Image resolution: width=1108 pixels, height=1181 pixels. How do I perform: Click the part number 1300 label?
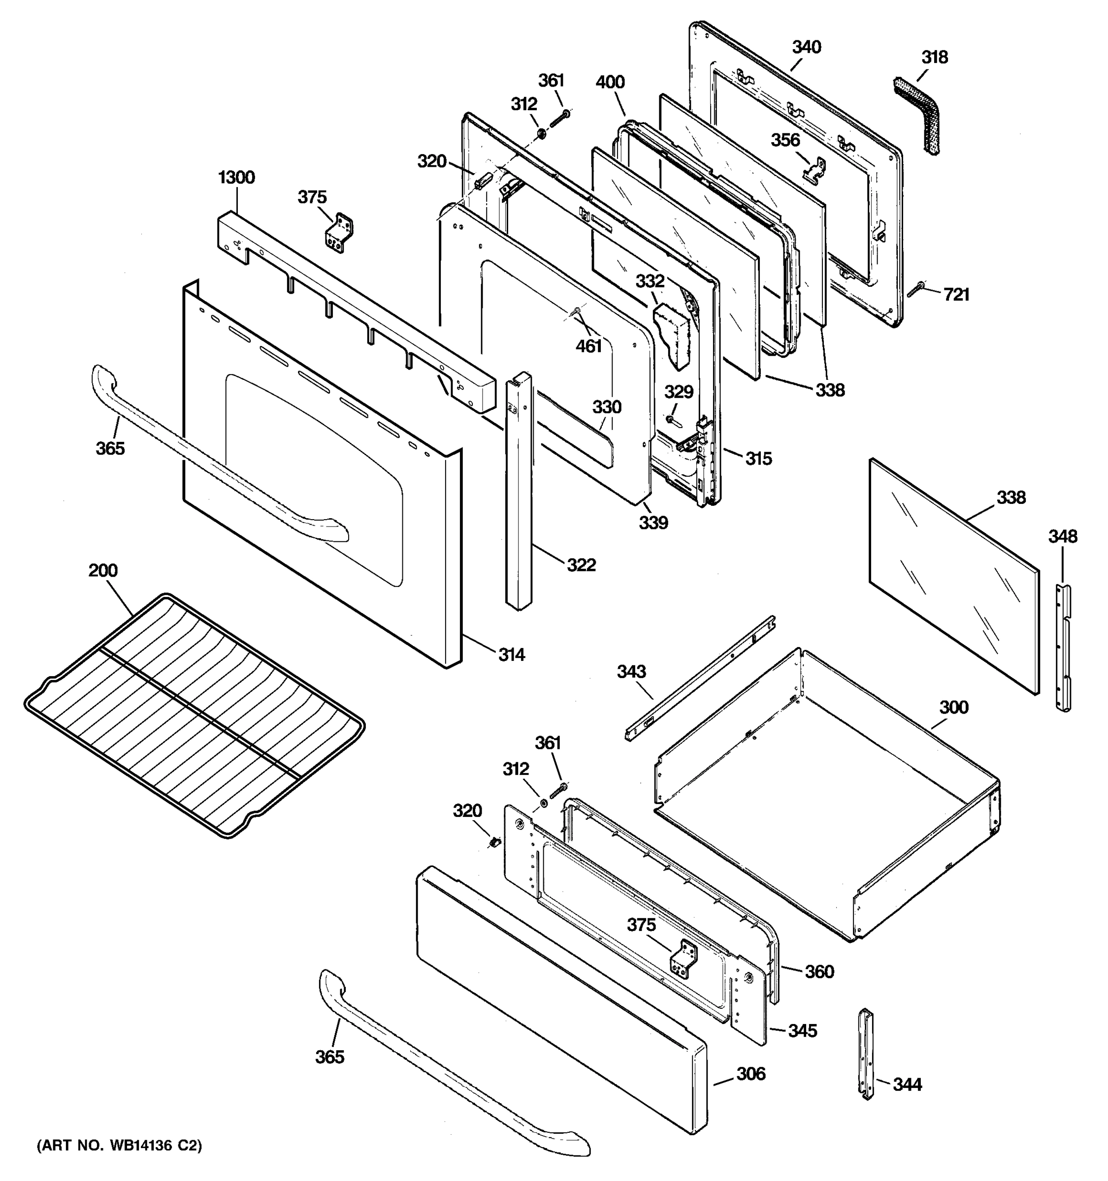236,177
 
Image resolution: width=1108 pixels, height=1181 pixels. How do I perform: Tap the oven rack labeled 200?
196,713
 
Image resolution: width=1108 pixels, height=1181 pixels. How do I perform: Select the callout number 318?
935,58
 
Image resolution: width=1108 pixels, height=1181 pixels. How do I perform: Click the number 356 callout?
785,140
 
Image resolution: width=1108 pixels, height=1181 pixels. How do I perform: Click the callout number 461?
588,346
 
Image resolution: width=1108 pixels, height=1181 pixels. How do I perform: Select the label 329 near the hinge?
678,392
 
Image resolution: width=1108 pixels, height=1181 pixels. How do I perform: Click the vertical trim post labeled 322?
518,493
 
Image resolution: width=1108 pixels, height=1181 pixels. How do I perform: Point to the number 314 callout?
511,654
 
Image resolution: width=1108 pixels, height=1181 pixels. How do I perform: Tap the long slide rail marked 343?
701,677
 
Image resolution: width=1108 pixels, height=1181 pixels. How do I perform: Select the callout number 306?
751,1074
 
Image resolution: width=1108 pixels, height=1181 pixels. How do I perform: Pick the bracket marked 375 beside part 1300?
338,232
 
